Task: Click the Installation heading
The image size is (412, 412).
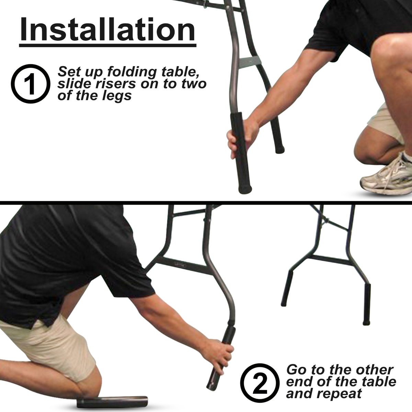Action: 107,30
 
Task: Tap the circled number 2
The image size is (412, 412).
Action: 260,384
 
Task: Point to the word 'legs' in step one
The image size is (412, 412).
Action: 117,95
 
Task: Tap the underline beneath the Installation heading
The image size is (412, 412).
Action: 107,45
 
